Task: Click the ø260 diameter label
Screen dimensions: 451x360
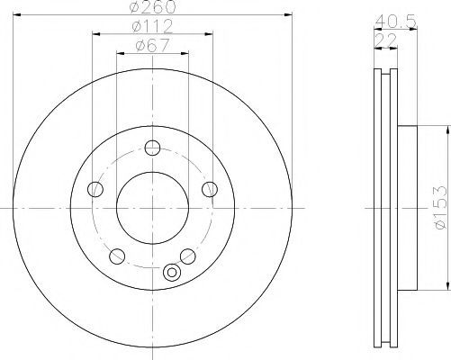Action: [x=152, y=7]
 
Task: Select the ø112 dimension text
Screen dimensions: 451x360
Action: [x=152, y=26]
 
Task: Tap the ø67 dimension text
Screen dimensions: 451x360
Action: [x=152, y=46]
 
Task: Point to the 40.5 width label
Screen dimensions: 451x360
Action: [x=395, y=22]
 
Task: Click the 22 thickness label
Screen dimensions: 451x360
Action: [x=385, y=40]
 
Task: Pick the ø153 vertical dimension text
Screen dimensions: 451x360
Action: [x=440, y=208]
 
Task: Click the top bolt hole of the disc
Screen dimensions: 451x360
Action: [x=152, y=148]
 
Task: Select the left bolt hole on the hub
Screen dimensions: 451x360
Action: [x=95, y=189]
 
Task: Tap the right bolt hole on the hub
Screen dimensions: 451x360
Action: [x=210, y=189]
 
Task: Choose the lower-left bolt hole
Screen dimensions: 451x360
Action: [x=117, y=256]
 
